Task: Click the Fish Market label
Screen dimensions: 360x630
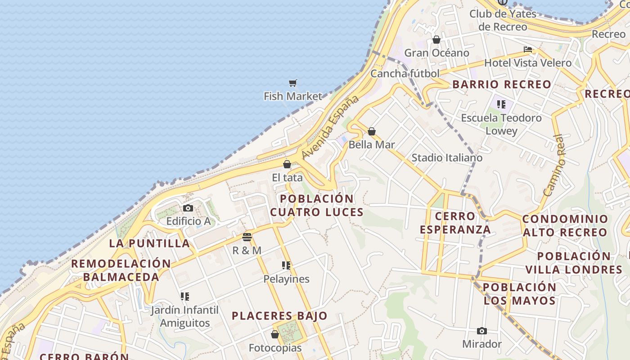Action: (293, 96)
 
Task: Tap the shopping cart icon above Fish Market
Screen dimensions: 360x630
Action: (293, 83)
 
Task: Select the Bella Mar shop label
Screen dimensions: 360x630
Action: (372, 144)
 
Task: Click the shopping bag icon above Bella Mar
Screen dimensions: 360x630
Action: (372, 131)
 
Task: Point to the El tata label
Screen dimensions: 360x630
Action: (287, 178)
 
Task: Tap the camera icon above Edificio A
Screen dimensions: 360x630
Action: (188, 208)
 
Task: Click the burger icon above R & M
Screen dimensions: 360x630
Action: (247, 237)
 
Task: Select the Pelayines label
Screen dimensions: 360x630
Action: (287, 279)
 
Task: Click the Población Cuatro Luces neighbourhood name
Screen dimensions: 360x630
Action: (317, 205)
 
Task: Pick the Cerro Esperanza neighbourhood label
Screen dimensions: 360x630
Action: (455, 223)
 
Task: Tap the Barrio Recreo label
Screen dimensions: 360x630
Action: (502, 84)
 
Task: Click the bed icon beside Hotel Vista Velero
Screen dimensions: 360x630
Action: (528, 49)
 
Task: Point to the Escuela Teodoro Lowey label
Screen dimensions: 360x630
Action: (501, 124)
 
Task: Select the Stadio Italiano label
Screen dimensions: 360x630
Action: (447, 157)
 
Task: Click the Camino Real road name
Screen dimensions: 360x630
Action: (554, 166)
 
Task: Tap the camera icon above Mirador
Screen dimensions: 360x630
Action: (482, 331)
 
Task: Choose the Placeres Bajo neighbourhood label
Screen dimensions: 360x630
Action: (279, 316)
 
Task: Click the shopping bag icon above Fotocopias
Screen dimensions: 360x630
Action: (275, 335)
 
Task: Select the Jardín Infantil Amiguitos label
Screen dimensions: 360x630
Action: (184, 316)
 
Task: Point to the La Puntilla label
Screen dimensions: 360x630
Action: (150, 243)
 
